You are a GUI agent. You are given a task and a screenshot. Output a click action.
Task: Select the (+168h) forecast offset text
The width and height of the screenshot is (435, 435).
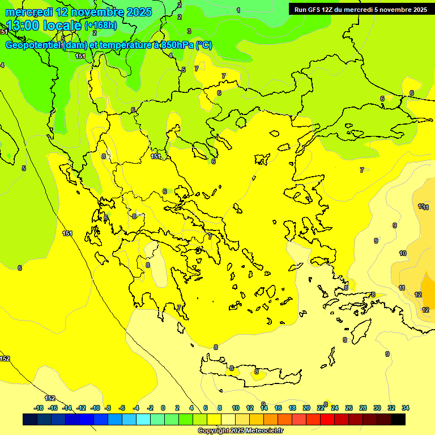[x=101, y=25]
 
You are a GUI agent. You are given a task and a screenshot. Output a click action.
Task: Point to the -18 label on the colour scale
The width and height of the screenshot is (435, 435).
[x=39, y=408]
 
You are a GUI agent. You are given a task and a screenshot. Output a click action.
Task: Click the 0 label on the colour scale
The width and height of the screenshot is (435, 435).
[x=163, y=408]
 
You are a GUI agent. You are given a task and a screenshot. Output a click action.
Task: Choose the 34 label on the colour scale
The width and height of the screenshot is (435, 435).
[x=406, y=408]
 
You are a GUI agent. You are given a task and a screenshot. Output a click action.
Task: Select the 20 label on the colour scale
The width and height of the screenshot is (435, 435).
[x=306, y=408]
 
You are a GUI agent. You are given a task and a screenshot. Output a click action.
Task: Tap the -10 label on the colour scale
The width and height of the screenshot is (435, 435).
[x=95, y=408]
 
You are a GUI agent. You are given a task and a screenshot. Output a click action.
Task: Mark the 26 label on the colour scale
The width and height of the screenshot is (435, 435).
[x=349, y=408]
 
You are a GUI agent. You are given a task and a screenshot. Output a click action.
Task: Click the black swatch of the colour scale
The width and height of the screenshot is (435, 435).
[x=398, y=420]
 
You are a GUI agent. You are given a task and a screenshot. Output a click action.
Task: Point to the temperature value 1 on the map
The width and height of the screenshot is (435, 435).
[x=238, y=10]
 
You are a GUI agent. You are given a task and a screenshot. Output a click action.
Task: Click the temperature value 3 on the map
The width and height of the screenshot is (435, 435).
[x=189, y=31]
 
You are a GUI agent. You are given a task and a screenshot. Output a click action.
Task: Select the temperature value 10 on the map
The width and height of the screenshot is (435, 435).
[x=403, y=253]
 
